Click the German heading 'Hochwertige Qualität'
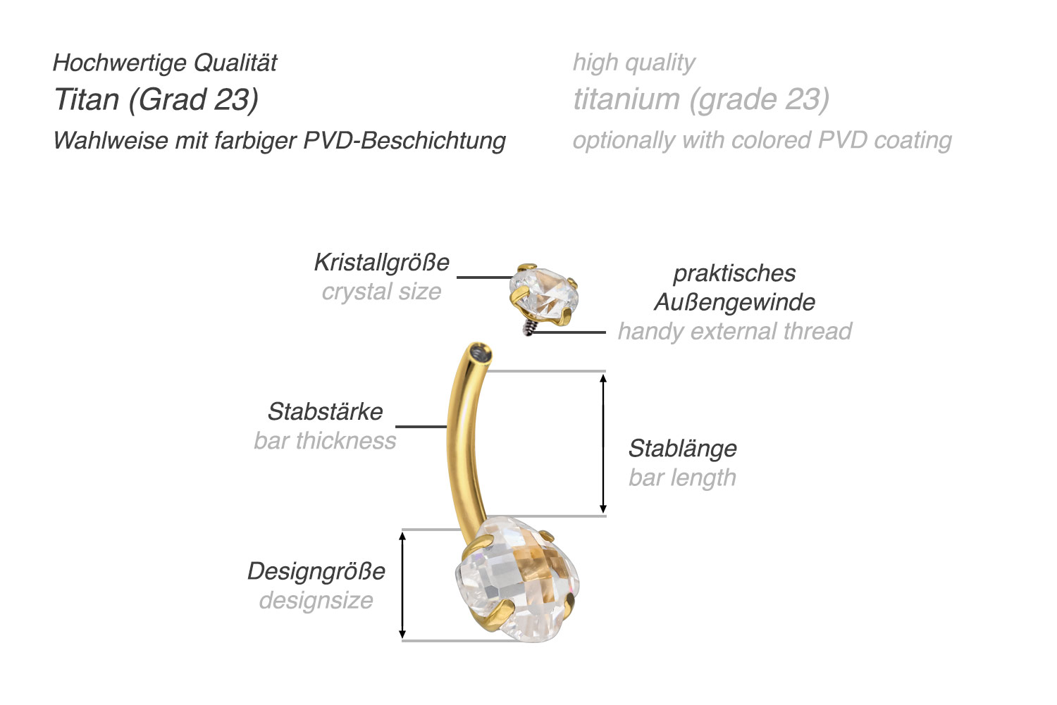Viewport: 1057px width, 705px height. pos(165,63)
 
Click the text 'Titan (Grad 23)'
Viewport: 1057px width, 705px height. pos(156,100)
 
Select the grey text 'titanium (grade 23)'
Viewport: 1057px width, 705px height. pos(700,100)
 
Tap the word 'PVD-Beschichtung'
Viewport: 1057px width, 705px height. pos(404,141)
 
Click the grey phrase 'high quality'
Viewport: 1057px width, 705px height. pos(633,63)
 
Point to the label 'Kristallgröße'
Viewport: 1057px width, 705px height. pos(381,263)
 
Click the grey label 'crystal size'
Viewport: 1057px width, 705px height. pos(381,292)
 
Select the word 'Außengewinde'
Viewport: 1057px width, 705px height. pos(734,302)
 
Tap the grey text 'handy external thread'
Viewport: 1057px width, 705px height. pos(734,331)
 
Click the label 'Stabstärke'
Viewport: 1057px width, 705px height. pos(325,411)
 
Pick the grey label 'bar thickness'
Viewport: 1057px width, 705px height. pos(325,441)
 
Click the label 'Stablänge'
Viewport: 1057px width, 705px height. pos(682,449)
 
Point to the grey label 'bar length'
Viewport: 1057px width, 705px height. pos(682,478)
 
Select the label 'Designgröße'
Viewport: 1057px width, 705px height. pos(316,571)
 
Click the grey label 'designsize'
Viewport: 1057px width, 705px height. pos(316,601)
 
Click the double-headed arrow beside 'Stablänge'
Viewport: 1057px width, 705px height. pos(603,444)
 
